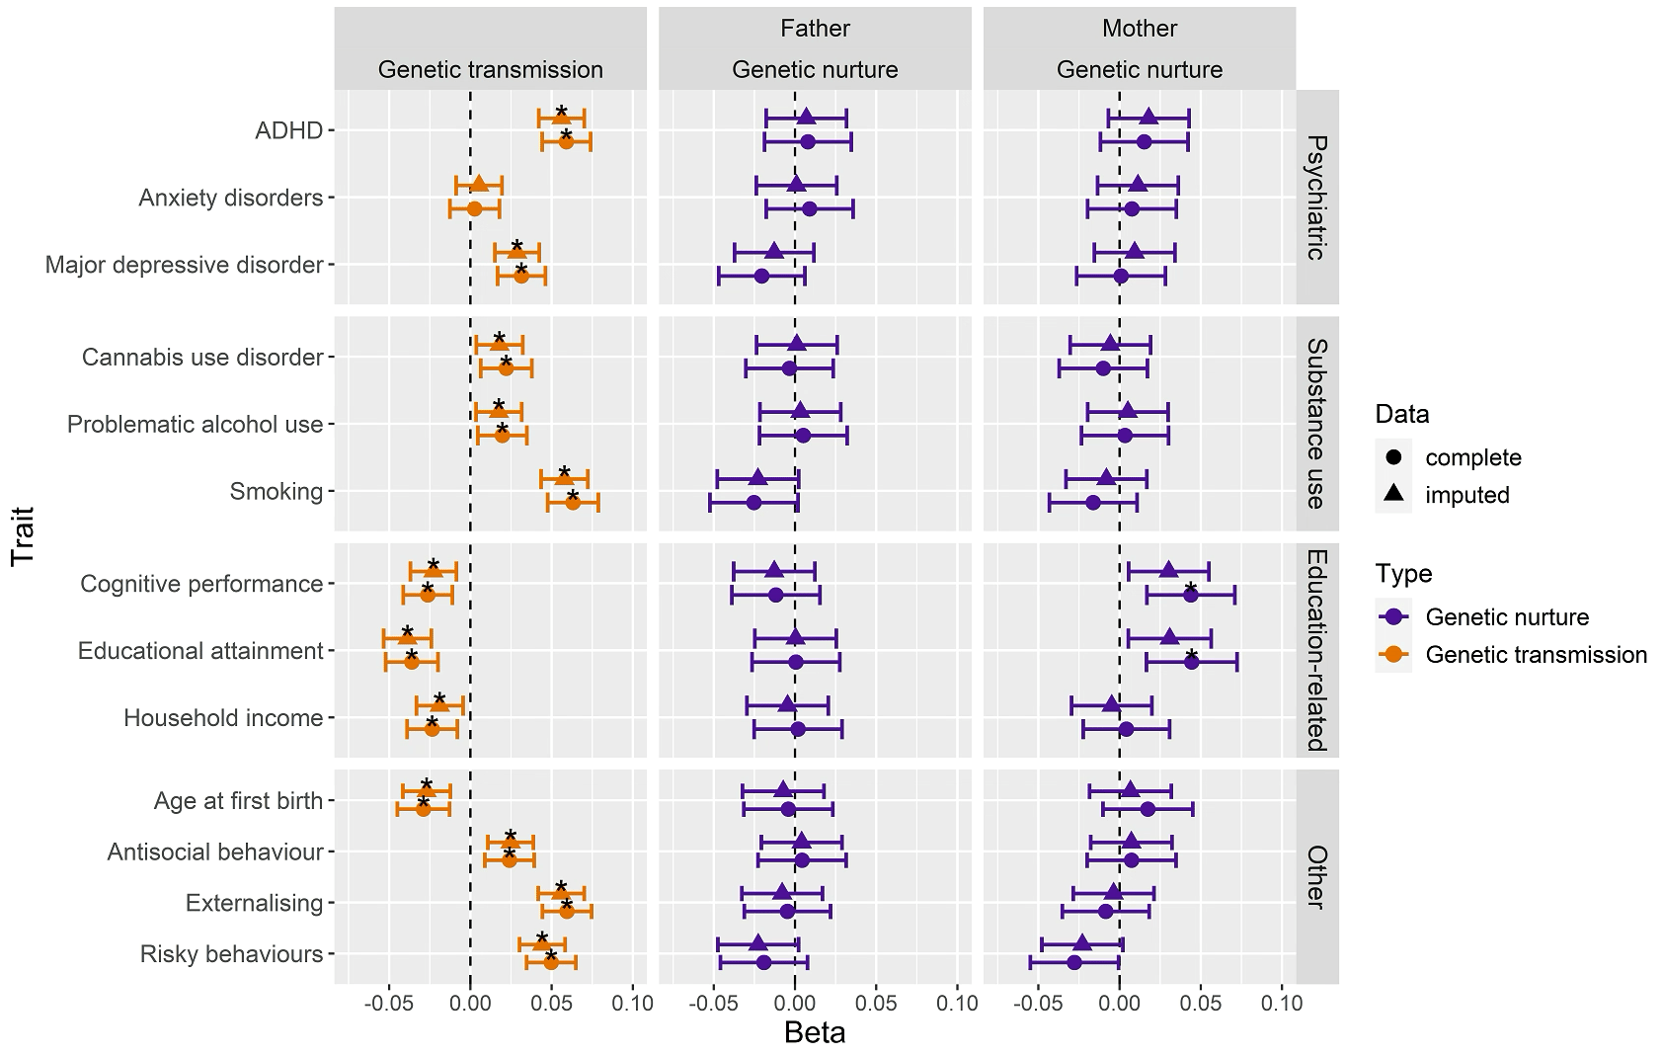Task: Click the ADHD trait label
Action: coord(289,130)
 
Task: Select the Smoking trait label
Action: coord(277,491)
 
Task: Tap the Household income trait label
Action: coord(223,718)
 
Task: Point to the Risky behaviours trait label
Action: coord(231,954)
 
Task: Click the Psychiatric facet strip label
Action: coord(1316,198)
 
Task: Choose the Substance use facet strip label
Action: coord(1316,424)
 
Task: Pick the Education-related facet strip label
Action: coord(1316,651)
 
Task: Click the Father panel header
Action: coord(815,29)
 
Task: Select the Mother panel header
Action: coord(1140,29)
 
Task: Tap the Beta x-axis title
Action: coord(815,1033)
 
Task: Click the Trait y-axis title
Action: coord(23,535)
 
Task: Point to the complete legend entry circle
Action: coord(1394,457)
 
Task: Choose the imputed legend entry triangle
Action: coord(1394,494)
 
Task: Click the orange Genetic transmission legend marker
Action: coord(1394,654)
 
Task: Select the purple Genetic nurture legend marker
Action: coord(1394,617)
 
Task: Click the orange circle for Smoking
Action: coord(573,503)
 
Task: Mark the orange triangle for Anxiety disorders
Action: coord(479,184)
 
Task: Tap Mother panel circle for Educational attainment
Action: coord(1191,662)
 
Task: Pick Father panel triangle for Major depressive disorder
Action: coord(774,252)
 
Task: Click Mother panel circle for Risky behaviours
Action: coord(1074,962)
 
